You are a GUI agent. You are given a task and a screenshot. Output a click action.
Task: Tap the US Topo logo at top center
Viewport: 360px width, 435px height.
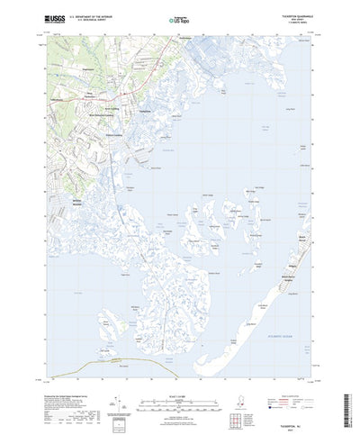178,17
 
